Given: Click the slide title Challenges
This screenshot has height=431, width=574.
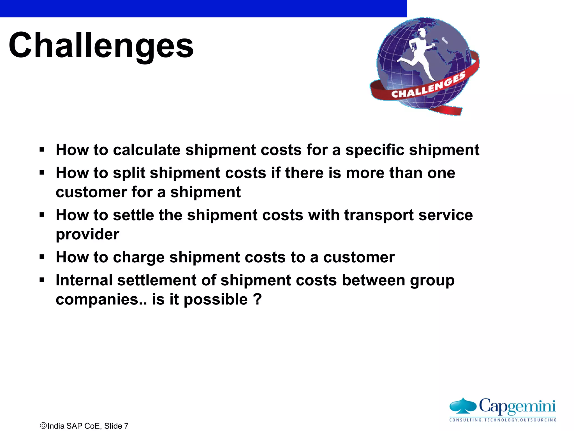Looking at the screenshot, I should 101,45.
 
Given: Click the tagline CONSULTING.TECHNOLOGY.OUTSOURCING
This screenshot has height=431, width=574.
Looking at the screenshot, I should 503,420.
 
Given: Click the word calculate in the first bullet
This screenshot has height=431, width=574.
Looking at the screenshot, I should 147,150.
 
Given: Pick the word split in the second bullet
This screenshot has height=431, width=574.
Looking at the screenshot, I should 129,173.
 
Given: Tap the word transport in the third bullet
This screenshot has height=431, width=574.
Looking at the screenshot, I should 379,215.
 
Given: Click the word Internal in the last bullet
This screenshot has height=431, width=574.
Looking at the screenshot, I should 84,280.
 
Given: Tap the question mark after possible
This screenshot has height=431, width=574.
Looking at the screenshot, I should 257,299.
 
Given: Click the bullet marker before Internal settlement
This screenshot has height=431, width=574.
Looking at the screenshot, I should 42,280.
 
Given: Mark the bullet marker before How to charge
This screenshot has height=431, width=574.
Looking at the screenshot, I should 42,257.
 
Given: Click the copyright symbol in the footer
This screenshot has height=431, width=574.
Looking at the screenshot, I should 43,426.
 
